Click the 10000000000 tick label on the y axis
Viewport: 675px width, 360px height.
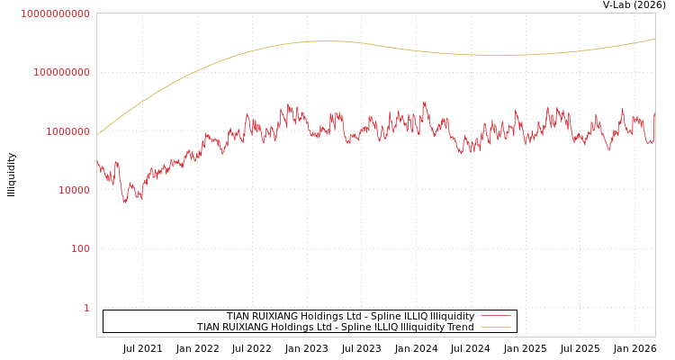(x=55, y=13)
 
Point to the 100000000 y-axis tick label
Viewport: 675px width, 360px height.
(x=62, y=72)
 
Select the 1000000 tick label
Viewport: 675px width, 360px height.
(x=67, y=131)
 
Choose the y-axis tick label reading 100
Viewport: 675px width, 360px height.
(x=80, y=248)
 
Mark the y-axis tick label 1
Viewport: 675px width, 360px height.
(x=86, y=308)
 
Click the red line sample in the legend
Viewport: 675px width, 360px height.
(x=495, y=316)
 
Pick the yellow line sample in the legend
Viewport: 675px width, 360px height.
(x=495, y=327)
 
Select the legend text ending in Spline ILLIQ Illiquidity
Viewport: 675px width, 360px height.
(x=350, y=316)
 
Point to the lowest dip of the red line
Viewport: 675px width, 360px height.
(x=125, y=202)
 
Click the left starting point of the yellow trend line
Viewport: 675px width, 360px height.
(x=97, y=135)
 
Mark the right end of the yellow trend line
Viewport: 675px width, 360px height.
(x=654, y=39)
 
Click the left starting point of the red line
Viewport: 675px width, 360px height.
(x=97, y=161)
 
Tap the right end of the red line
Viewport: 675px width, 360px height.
(x=654, y=113)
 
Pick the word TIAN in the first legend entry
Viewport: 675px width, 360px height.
(x=238, y=316)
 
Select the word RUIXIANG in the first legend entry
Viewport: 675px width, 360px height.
(x=275, y=316)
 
